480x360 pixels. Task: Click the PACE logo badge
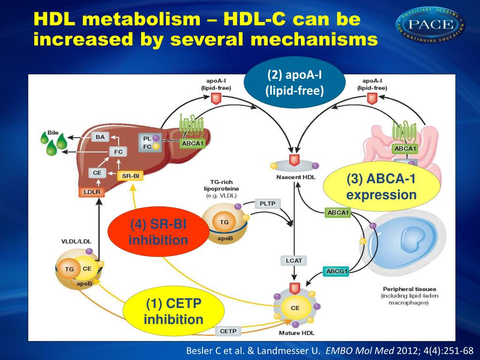point(431,25)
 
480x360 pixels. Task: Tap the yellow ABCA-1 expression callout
point(382,187)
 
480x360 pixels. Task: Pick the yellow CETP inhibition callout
point(173,313)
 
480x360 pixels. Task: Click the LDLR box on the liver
point(90,192)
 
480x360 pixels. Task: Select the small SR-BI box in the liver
point(131,176)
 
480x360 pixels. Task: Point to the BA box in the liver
point(100,137)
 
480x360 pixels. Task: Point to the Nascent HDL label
point(292,178)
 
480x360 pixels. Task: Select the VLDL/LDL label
point(76,241)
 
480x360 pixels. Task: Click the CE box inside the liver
point(97,172)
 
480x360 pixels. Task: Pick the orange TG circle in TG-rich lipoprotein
point(224,222)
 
